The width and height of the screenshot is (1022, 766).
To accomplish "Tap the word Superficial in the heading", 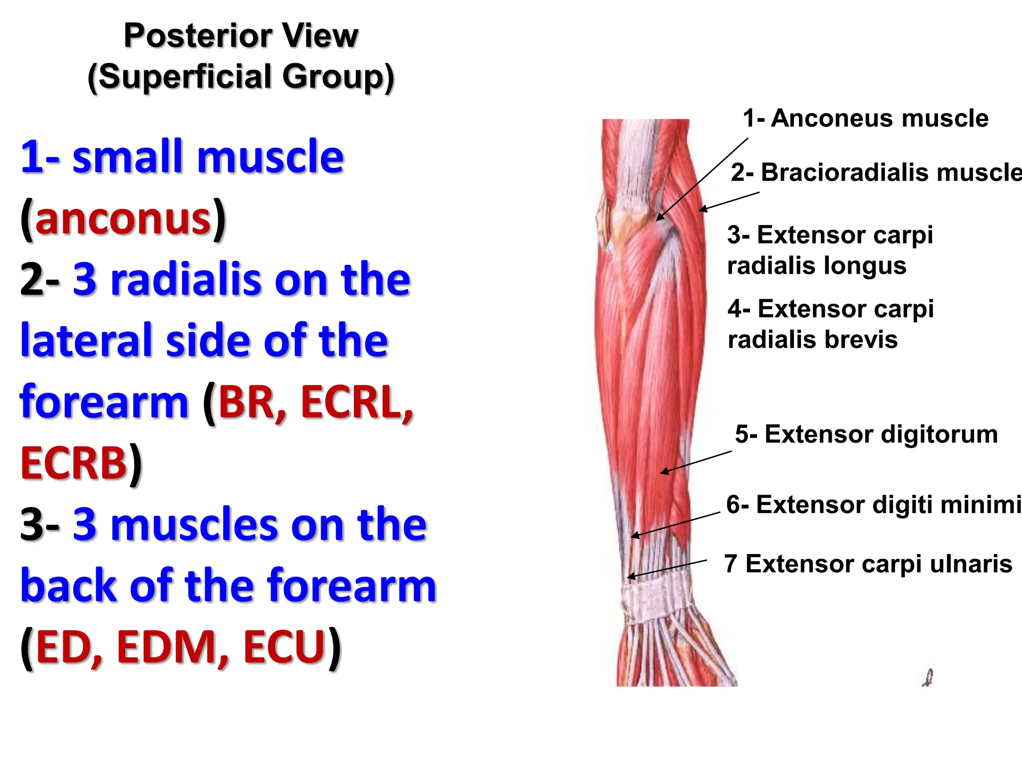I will tap(186, 77).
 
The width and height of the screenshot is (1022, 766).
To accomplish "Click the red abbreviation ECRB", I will tap(74, 463).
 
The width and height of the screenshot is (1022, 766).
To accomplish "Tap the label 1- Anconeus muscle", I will tap(865, 119).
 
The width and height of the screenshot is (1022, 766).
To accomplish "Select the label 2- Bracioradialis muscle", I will tap(876, 173).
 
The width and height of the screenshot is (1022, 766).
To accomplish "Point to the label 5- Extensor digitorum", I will tap(866, 434).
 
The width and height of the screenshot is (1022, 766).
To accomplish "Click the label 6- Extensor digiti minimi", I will tap(873, 505).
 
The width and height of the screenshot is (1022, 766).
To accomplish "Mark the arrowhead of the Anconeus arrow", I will tap(659, 218).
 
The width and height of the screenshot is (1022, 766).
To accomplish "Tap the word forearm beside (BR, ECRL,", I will tap(104, 402).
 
